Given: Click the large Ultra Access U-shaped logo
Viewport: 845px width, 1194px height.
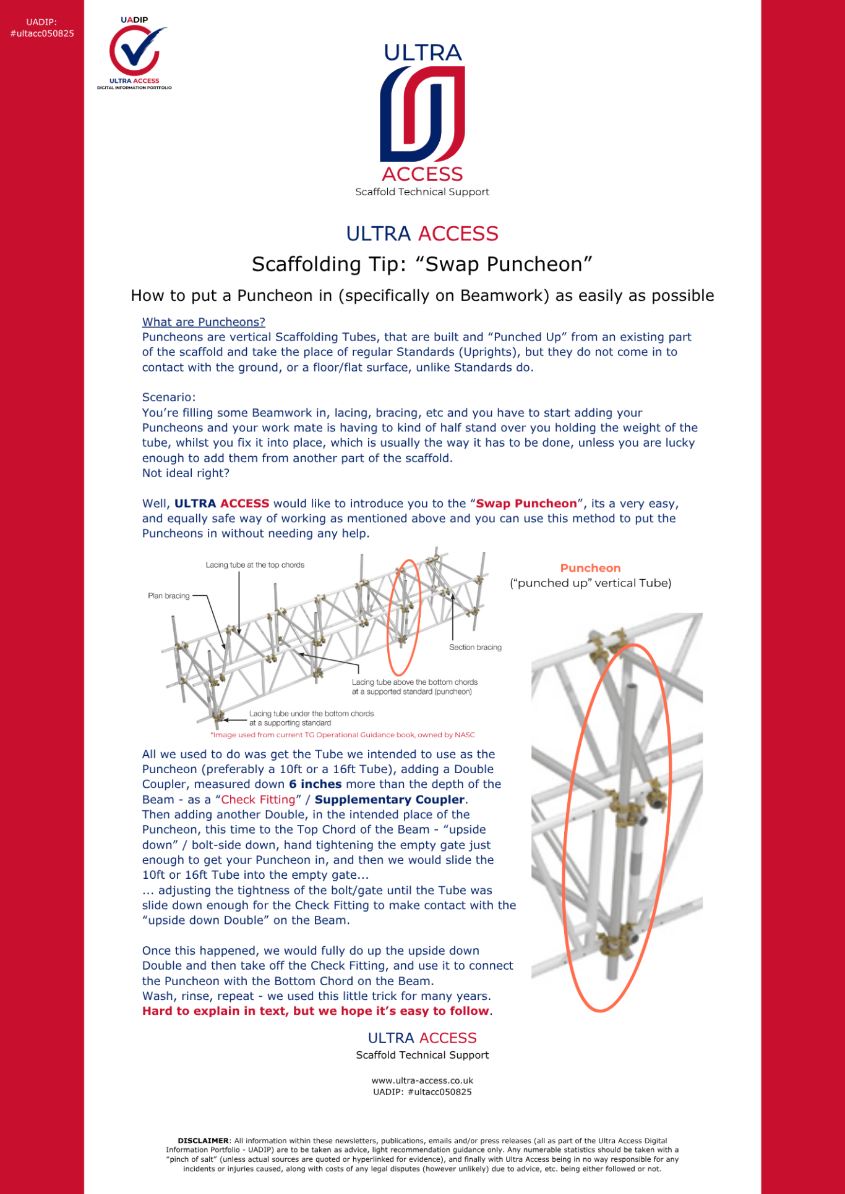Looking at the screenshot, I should coord(422,114).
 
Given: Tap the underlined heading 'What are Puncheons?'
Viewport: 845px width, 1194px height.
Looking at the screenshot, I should coord(204,322).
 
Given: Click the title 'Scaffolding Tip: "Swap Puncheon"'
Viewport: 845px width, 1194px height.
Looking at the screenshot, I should coord(422,265).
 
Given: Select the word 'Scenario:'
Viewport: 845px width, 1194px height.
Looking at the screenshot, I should coord(169,397).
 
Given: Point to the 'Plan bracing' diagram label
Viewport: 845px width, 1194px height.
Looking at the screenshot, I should coord(168,596).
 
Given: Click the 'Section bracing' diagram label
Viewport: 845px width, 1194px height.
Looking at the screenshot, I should coord(475,647).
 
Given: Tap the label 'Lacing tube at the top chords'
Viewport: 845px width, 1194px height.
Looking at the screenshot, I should coord(255,565).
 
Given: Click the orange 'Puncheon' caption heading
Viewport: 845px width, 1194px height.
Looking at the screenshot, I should coord(590,568).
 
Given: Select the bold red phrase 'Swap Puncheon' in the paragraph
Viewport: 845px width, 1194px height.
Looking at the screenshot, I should coord(526,504).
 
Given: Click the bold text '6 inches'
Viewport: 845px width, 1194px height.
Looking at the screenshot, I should coord(315,784).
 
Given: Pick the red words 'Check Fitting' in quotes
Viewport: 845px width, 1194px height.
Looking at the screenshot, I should coord(258,800).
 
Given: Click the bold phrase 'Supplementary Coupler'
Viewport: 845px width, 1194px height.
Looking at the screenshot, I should coord(389,800).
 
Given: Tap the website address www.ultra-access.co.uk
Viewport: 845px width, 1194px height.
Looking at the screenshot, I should coord(422,1081).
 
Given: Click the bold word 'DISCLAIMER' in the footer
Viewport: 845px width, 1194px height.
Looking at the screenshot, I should coord(203,1141).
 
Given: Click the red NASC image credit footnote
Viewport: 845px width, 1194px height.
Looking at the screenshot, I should coord(343,735).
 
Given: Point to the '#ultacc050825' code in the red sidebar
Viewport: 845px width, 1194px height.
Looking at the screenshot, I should coord(42,33).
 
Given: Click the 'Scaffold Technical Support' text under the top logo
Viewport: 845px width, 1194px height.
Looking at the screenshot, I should coord(422,192).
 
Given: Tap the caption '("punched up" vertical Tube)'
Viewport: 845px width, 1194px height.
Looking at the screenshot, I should coord(590,583).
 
